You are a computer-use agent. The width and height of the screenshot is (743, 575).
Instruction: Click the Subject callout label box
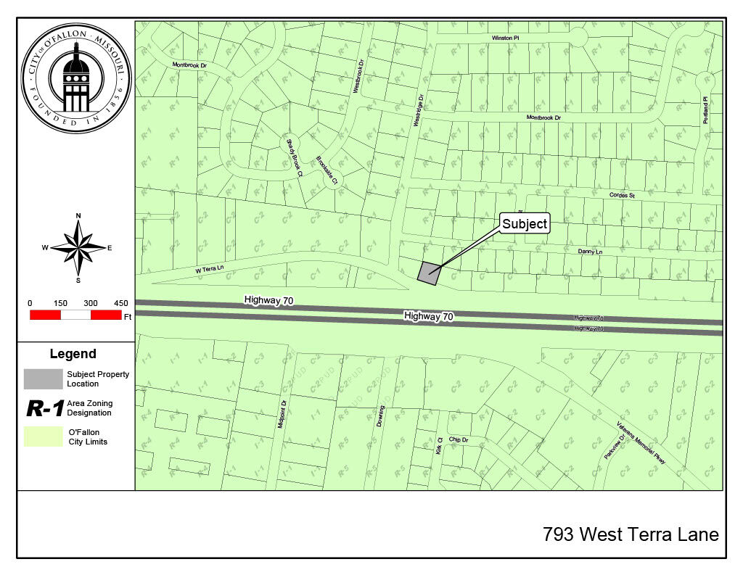pos(525,224)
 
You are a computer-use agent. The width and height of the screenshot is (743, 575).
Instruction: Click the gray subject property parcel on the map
pos(430,273)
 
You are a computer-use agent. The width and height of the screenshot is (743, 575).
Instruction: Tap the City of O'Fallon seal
pos(75,76)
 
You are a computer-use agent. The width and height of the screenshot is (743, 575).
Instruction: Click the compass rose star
pos(78,247)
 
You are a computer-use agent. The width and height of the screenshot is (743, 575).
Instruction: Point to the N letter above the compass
pos(78,215)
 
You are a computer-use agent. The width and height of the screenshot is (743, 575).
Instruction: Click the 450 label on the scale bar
pos(120,303)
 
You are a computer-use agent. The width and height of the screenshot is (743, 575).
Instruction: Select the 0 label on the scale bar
pos(30,303)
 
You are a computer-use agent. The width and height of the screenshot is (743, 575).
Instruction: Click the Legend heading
pos(73,354)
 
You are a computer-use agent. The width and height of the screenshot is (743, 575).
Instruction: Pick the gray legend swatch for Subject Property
pos(43,378)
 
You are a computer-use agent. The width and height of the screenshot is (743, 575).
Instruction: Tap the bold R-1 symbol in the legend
pos(44,408)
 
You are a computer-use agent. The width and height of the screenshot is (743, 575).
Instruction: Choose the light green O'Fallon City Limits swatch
pos(43,437)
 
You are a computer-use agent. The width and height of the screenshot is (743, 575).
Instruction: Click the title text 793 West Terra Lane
pos(631,535)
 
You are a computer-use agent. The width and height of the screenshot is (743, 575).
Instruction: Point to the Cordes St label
pos(622,196)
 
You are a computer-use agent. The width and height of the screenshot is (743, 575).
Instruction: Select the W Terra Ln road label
pos(210,269)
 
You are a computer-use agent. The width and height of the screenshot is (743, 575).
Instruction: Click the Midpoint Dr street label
pos(282,414)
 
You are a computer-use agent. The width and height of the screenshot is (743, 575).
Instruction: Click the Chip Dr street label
pos(459,439)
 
